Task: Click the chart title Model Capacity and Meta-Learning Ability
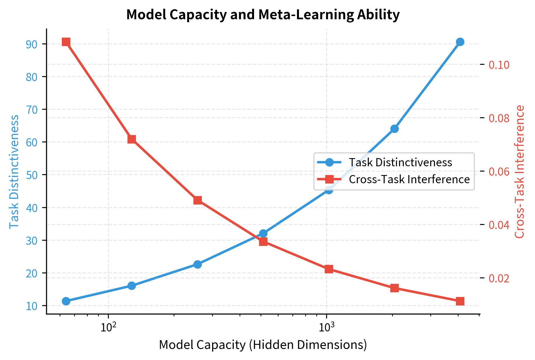click(263, 15)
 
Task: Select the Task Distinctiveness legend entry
click(400, 162)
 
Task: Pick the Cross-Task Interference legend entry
click(409, 179)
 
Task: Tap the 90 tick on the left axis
click(32, 44)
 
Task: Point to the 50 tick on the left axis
click(32, 175)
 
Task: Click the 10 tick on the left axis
click(32, 306)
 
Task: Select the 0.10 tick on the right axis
click(499, 65)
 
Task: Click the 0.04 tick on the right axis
click(499, 225)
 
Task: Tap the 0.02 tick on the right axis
click(499, 278)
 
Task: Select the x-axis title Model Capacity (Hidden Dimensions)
click(263, 345)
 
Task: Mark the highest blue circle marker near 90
click(460, 42)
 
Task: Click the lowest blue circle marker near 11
click(66, 301)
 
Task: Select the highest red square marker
click(66, 42)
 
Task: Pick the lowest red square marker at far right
click(460, 301)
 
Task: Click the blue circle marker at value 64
click(394, 129)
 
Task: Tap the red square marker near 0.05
click(197, 200)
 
